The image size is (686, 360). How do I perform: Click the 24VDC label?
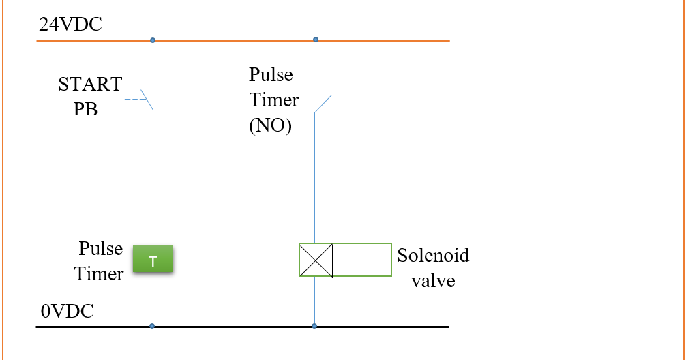(x=70, y=25)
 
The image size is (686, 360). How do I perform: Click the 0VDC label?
(x=68, y=312)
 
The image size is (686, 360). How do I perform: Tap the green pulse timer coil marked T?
(x=153, y=260)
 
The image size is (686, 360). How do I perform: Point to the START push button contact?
(x=147, y=98)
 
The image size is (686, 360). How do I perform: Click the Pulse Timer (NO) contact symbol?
(x=323, y=103)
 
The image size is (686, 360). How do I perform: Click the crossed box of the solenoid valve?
(x=316, y=260)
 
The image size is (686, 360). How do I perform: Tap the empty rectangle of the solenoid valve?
(x=362, y=260)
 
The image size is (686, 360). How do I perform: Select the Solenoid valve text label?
(x=433, y=267)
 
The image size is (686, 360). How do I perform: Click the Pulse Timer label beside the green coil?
(x=100, y=261)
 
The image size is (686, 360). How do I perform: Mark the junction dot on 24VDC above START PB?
(x=153, y=40)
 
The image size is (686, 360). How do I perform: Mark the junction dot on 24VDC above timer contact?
(x=315, y=40)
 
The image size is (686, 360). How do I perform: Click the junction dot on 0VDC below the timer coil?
(x=152, y=326)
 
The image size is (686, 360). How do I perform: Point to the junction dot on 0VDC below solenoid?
(x=314, y=326)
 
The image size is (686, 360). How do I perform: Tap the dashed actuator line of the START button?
(x=136, y=100)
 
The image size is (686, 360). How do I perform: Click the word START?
(x=90, y=85)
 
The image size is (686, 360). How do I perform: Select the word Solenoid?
(x=433, y=256)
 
